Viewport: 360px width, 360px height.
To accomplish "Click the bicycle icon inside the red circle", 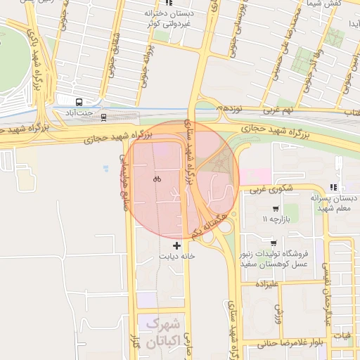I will (157, 179).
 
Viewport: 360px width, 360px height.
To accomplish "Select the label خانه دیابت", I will (175, 257).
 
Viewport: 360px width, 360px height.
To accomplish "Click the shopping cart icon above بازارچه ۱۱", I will (275, 209).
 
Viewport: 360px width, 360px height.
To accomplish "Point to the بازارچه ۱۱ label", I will (275, 220).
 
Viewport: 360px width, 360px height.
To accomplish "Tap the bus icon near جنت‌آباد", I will (79, 102).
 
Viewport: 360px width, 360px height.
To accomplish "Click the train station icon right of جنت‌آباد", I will (103, 117).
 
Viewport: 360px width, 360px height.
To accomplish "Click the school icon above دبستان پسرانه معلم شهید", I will (333, 187).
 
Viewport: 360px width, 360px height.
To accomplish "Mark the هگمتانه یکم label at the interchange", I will (213, 225).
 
